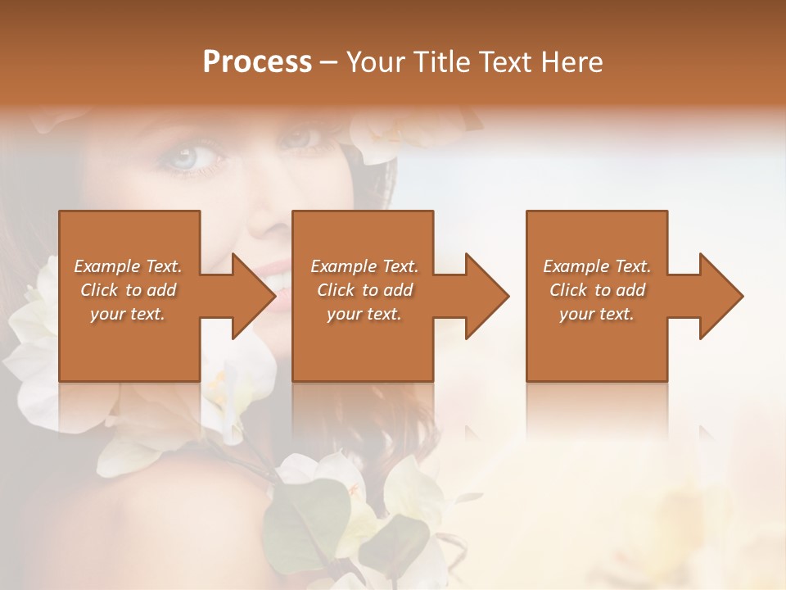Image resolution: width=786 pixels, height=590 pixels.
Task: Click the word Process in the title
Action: click(x=257, y=62)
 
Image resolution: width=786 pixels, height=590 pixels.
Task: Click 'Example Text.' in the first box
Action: click(x=128, y=266)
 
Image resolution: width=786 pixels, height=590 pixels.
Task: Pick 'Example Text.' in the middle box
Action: click(x=364, y=266)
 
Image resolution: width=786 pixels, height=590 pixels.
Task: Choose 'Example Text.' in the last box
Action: click(x=597, y=266)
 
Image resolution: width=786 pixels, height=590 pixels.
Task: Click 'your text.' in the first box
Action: click(x=128, y=314)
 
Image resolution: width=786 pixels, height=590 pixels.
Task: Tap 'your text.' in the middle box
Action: click(x=364, y=314)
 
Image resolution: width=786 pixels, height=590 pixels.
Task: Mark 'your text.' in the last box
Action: click(x=597, y=314)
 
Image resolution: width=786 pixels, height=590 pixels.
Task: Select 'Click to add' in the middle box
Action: click(x=364, y=290)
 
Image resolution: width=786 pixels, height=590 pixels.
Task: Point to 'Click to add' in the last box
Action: click(x=597, y=290)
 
